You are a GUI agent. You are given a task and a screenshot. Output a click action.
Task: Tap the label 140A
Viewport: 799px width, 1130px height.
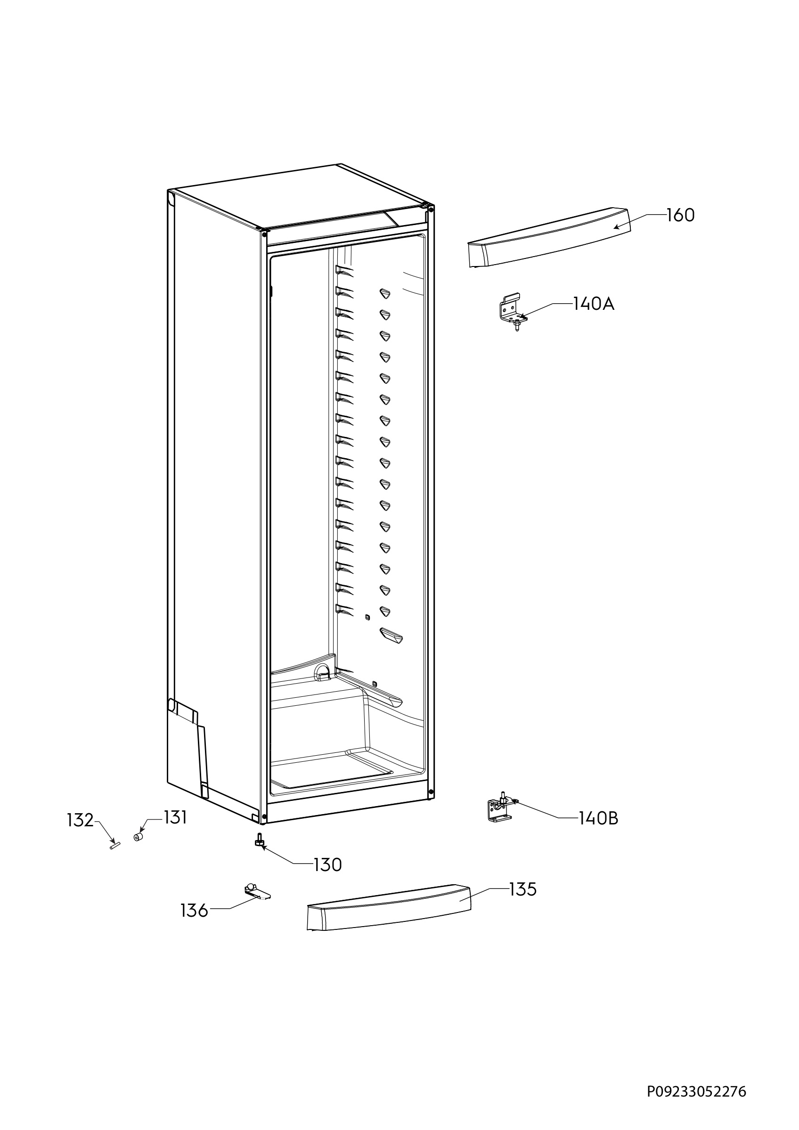tap(594, 304)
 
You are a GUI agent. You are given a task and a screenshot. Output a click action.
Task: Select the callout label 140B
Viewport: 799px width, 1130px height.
tap(598, 818)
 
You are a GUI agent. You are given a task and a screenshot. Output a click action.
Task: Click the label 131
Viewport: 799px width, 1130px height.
tap(175, 817)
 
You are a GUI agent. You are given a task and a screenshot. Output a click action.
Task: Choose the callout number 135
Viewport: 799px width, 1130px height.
tap(522, 889)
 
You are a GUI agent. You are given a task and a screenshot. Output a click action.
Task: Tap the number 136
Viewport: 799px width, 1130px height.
tap(195, 911)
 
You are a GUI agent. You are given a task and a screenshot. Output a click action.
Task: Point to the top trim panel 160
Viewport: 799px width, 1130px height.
tap(548, 237)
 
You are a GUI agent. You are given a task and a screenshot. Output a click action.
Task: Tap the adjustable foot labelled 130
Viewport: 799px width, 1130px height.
tap(260, 840)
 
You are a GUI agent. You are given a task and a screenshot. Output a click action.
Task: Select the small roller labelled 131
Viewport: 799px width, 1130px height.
tap(139, 837)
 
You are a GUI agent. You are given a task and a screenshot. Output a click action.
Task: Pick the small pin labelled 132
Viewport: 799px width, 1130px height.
tap(115, 846)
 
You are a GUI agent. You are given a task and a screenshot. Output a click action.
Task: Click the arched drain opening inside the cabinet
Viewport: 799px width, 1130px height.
tap(322, 671)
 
